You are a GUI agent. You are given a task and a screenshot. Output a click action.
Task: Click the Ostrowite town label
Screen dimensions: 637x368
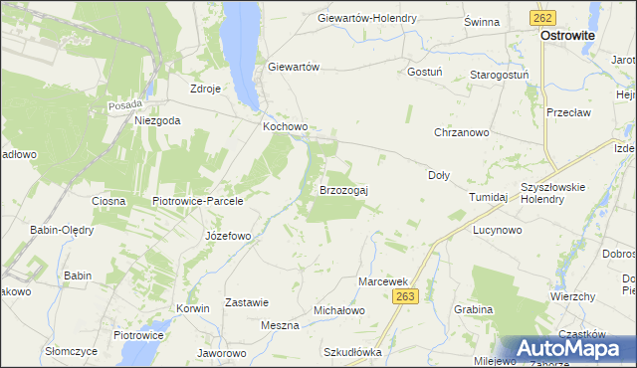click(567, 35)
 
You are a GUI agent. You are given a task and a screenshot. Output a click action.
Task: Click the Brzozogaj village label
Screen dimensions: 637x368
click(343, 189)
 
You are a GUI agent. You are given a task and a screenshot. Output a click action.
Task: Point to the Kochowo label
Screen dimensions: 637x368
click(286, 127)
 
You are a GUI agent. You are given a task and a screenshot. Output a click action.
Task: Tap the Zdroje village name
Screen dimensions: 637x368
click(205, 88)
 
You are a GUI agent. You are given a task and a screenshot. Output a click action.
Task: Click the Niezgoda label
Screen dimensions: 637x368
click(157, 120)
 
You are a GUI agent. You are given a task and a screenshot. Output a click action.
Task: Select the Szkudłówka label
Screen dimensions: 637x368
click(353, 352)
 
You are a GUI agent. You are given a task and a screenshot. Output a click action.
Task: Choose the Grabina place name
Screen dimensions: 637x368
click(473, 309)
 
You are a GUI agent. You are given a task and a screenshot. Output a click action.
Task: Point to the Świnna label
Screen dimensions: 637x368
click(482, 21)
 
